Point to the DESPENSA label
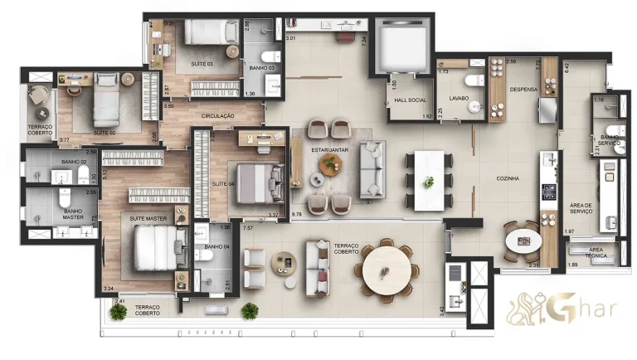(524, 90)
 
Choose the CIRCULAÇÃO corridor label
(217, 117)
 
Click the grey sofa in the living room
(372, 168)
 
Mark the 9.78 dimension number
(298, 215)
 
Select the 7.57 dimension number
(248, 227)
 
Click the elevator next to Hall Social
(400, 46)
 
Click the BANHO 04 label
(216, 246)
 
